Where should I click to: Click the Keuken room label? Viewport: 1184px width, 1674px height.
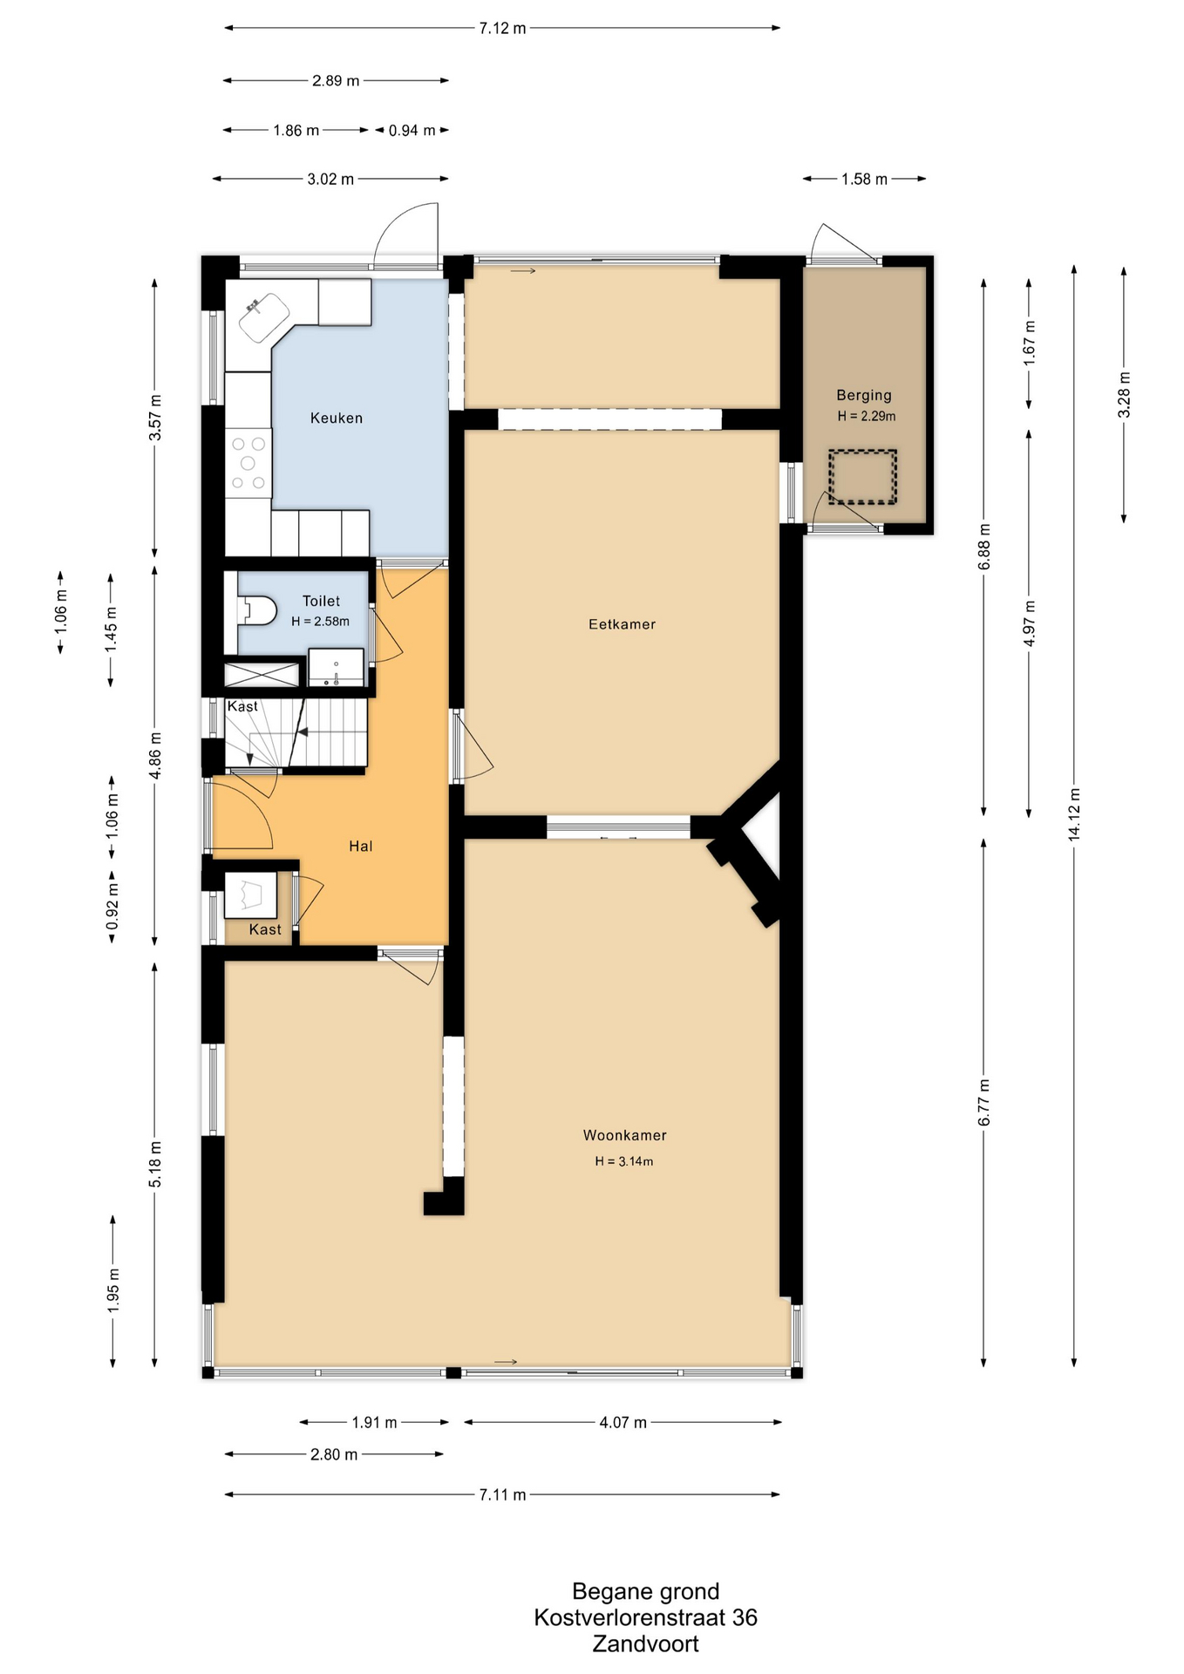(x=337, y=418)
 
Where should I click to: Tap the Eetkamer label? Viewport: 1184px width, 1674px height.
(x=622, y=624)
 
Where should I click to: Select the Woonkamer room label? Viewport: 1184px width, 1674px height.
(x=624, y=1135)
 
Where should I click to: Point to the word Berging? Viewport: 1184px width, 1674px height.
(x=864, y=396)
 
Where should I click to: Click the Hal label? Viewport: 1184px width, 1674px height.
(x=361, y=846)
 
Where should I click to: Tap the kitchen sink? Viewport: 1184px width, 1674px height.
(x=264, y=317)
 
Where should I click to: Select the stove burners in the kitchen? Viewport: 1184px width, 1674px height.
(x=248, y=464)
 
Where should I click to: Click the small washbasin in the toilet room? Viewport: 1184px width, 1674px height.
(x=336, y=668)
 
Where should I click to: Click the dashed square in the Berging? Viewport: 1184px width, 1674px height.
(x=862, y=477)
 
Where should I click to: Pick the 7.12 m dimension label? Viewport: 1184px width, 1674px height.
(x=502, y=28)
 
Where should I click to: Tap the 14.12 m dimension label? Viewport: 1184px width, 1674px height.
(x=1074, y=814)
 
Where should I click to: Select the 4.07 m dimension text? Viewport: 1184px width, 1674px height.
(x=623, y=1423)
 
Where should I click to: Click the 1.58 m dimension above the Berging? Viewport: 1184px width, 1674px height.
(x=864, y=180)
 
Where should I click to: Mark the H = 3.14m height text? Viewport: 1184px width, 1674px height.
(x=624, y=1161)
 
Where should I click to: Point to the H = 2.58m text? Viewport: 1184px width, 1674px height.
(x=320, y=622)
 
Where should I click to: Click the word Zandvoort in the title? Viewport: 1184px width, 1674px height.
(x=646, y=1644)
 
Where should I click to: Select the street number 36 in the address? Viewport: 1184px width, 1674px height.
(x=745, y=1618)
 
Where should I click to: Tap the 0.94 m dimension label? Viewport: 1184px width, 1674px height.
(x=412, y=131)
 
